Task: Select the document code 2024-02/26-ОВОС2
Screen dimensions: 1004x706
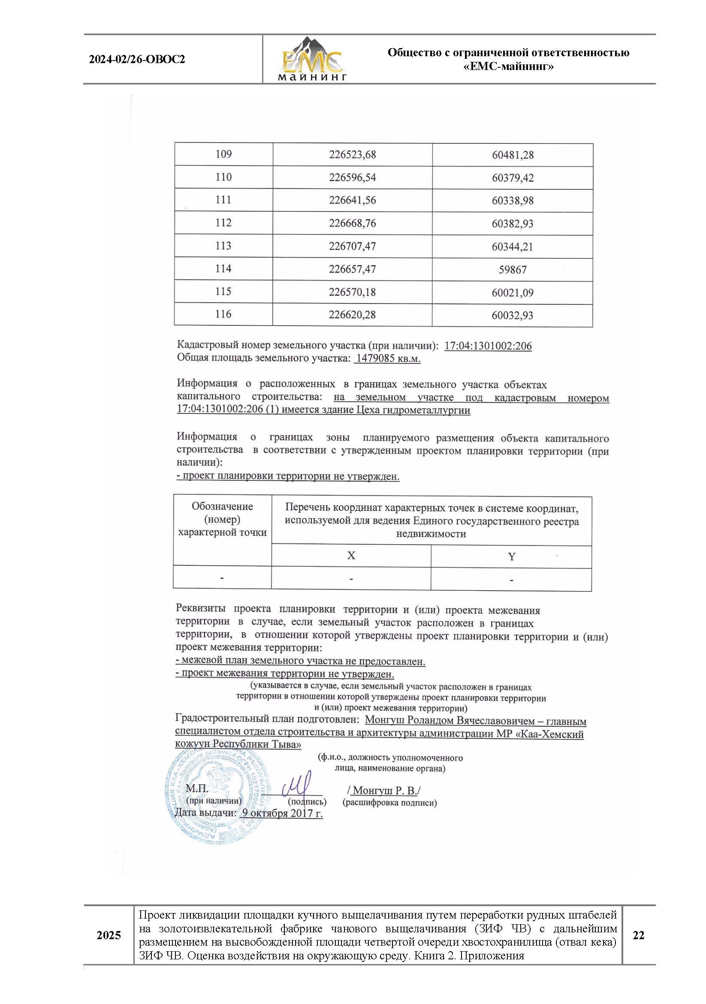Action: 137,60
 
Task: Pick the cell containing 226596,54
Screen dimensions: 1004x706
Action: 352,178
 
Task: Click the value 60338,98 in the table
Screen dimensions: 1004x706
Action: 513,201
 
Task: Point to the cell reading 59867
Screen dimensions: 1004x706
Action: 513,270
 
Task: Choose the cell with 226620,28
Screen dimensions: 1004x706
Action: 352,315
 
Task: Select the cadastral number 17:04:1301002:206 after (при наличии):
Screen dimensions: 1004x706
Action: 488,346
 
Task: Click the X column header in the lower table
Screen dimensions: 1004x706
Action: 351,556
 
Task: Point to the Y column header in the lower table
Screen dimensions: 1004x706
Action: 512,557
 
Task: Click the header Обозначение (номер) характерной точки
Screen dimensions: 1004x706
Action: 222,519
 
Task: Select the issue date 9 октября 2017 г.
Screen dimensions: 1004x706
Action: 282,813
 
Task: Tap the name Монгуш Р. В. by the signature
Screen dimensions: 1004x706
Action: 384,791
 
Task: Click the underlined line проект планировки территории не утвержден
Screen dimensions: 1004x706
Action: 288,476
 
